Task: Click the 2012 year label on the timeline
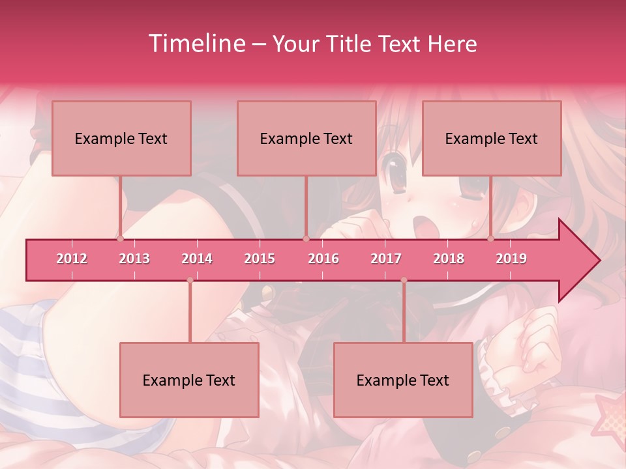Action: coord(72,259)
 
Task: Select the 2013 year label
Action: coord(134,259)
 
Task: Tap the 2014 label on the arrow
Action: coord(197,259)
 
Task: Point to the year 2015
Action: coord(260,259)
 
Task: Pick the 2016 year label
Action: coord(323,259)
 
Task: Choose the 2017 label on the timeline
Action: coord(386,259)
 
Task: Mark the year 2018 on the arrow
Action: coord(449,259)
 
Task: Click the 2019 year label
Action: coord(511,259)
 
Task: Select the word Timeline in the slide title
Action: coord(196,44)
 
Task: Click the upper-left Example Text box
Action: coord(121,139)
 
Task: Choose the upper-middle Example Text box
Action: coord(306,139)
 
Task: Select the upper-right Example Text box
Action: coord(492,139)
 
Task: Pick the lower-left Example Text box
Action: coord(189,380)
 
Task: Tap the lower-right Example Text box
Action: coord(403,380)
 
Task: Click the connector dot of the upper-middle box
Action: coord(306,238)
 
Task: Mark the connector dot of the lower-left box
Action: coord(190,280)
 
